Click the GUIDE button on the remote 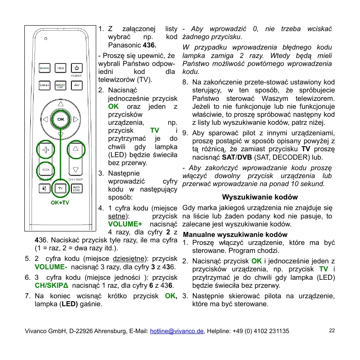tap(44, 68)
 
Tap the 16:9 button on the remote tap(60, 68)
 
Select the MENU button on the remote tap(44, 85)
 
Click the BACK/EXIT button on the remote tap(60, 85)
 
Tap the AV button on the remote tap(76, 85)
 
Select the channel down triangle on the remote tap(76, 170)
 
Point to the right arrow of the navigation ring tap(76, 120)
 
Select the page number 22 tap(332, 331)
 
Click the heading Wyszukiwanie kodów tap(260, 197)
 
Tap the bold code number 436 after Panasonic tap(150, 45)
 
